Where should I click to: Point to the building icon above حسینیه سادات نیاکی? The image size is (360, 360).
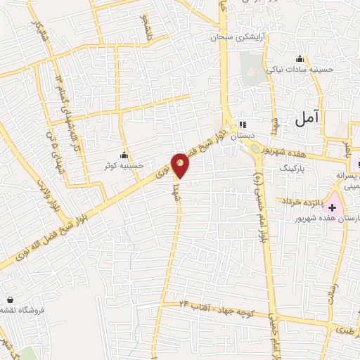click(x=301, y=58)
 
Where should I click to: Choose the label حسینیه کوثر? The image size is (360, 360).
click(x=124, y=166)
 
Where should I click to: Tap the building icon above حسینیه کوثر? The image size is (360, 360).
click(x=124, y=155)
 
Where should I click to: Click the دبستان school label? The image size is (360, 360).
click(x=244, y=131)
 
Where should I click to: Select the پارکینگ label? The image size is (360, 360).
click(x=293, y=169)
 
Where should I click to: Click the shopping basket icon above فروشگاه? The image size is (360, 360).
click(x=11, y=299)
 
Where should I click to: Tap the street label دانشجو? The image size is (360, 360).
click(x=146, y=26)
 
